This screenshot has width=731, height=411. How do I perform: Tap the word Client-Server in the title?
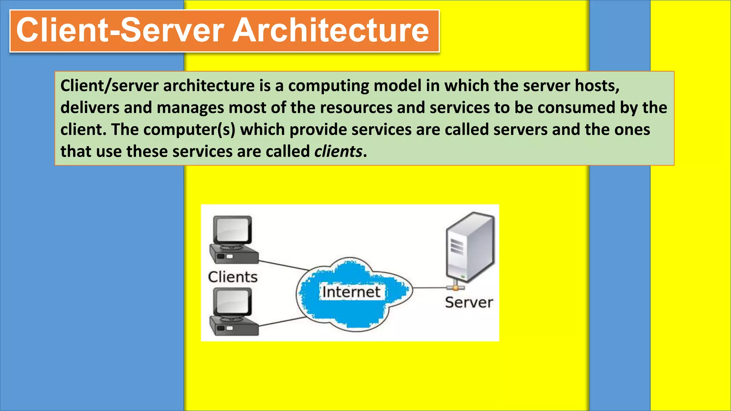pyautogui.click(x=120, y=30)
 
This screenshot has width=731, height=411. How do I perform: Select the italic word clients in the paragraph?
pyautogui.click(x=338, y=151)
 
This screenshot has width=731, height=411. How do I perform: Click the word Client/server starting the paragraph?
pyautogui.click(x=109, y=86)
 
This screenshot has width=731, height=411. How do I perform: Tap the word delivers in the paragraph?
pyautogui.click(x=90, y=108)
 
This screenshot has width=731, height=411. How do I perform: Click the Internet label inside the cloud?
pyautogui.click(x=351, y=292)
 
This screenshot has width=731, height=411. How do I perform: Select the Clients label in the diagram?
pyautogui.click(x=233, y=277)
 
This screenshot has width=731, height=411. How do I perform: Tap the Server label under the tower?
pyautogui.click(x=469, y=303)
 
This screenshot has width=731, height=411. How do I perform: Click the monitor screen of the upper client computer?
pyautogui.click(x=232, y=230)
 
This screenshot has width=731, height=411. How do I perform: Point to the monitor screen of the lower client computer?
pyautogui.click(x=232, y=301)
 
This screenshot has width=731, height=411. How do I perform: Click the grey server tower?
pyautogui.click(x=470, y=246)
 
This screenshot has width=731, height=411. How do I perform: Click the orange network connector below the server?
pyautogui.click(x=455, y=288)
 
